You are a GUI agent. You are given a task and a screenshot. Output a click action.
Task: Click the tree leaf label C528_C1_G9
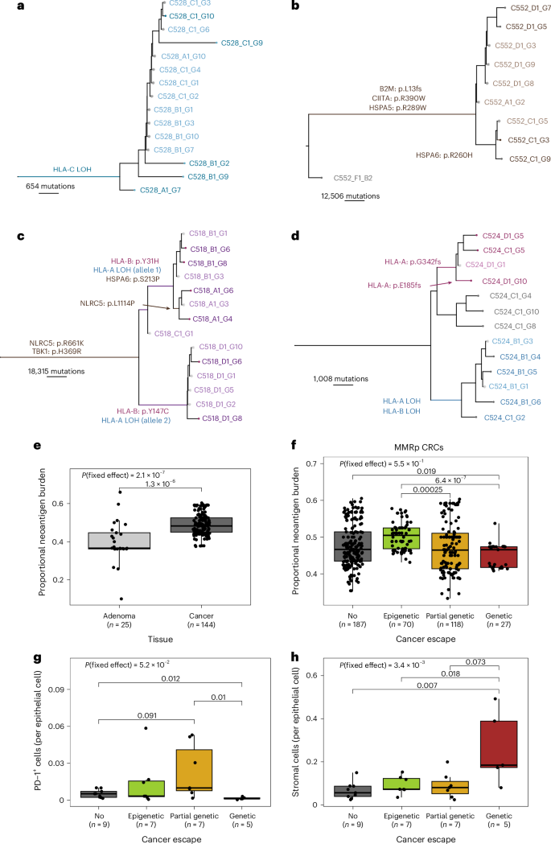click(243, 42)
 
